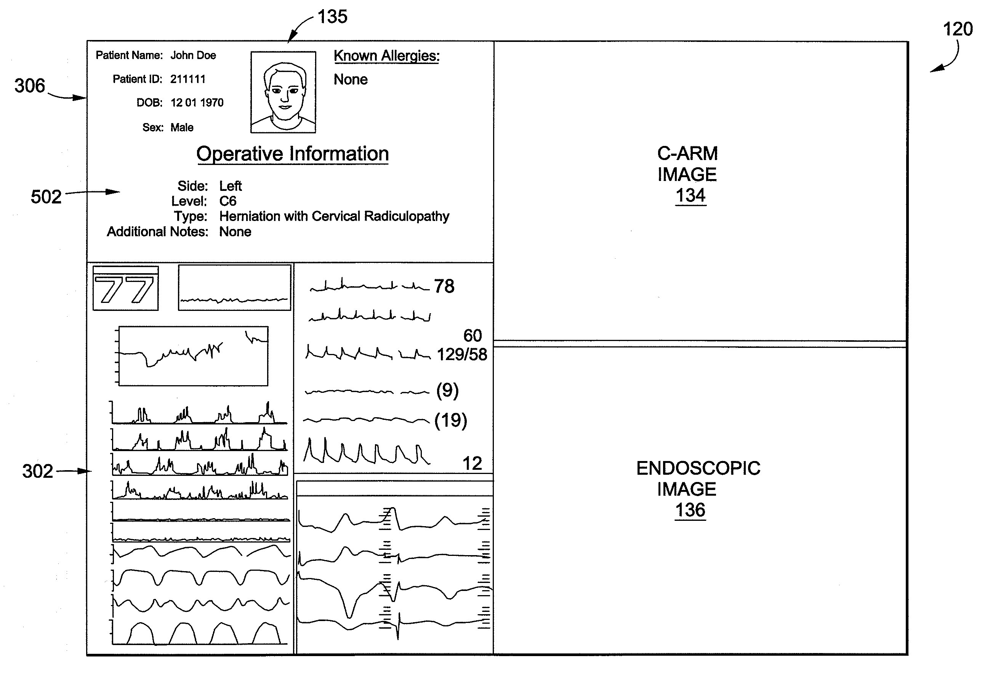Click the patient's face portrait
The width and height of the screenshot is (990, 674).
(283, 92)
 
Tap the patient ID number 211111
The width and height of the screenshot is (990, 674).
(188, 79)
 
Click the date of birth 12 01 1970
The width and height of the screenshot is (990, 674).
(197, 102)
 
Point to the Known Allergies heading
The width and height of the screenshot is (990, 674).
(386, 56)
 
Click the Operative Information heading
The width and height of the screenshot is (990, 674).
(292, 154)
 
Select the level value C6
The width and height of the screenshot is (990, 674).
(228, 201)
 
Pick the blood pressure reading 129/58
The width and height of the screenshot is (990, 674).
(462, 354)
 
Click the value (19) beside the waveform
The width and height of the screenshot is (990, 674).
(451, 421)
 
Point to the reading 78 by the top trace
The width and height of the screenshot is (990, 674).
(444, 286)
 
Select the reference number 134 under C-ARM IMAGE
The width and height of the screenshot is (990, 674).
(690, 195)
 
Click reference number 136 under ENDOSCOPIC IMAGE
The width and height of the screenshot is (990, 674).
(690, 510)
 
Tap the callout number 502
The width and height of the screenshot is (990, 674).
(46, 197)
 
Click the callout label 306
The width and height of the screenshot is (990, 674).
(30, 86)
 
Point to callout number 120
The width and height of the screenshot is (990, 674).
(958, 29)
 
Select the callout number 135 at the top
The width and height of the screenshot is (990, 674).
(332, 17)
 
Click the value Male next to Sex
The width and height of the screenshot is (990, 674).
(182, 127)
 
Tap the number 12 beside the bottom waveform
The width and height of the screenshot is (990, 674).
(472, 464)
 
